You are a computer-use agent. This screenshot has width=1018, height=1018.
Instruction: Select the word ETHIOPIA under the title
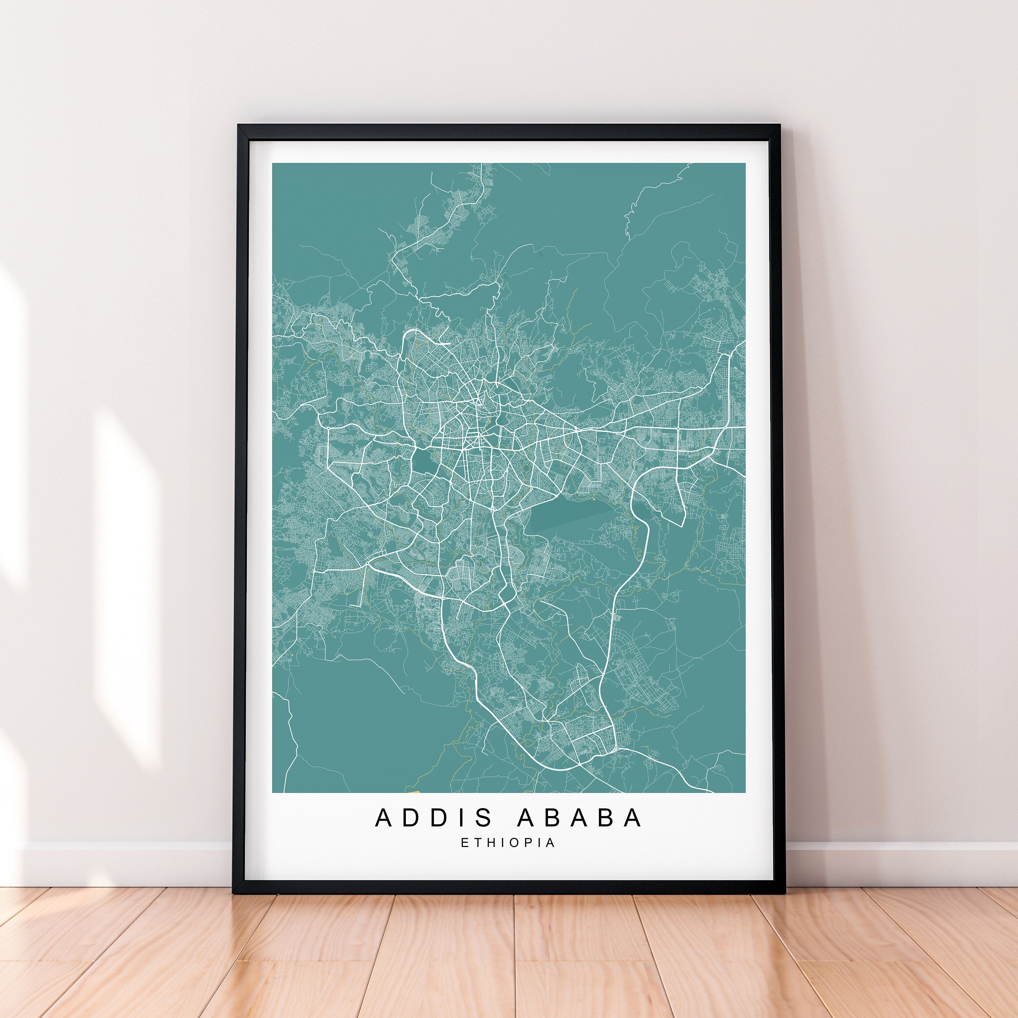tap(508, 843)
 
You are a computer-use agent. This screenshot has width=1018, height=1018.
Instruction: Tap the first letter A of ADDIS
tap(385, 818)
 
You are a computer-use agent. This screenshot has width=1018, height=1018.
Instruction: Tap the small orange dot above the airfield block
tap(595, 498)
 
